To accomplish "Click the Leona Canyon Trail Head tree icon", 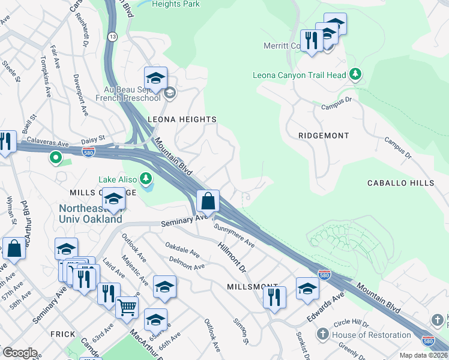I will pos(356,74).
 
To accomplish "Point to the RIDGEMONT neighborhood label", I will pos(324,136).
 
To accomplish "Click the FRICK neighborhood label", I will pos(62,334).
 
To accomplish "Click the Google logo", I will pos(20,353).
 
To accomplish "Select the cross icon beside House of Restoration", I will pos(322,334).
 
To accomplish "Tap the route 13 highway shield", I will pos(112,37).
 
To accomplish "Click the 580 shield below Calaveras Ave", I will pos(88,151).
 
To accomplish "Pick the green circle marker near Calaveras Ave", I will pos(56,158).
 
